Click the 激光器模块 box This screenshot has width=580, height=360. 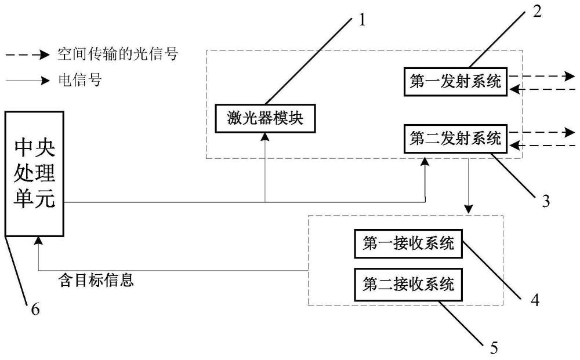[x=264, y=119]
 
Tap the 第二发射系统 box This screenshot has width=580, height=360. [x=454, y=139]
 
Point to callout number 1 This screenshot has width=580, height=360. [x=362, y=20]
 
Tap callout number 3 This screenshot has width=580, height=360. [x=545, y=201]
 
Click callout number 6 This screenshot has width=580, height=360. [x=35, y=310]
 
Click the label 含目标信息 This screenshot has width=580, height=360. [x=97, y=281]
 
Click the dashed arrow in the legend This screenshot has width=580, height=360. [x=27, y=56]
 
